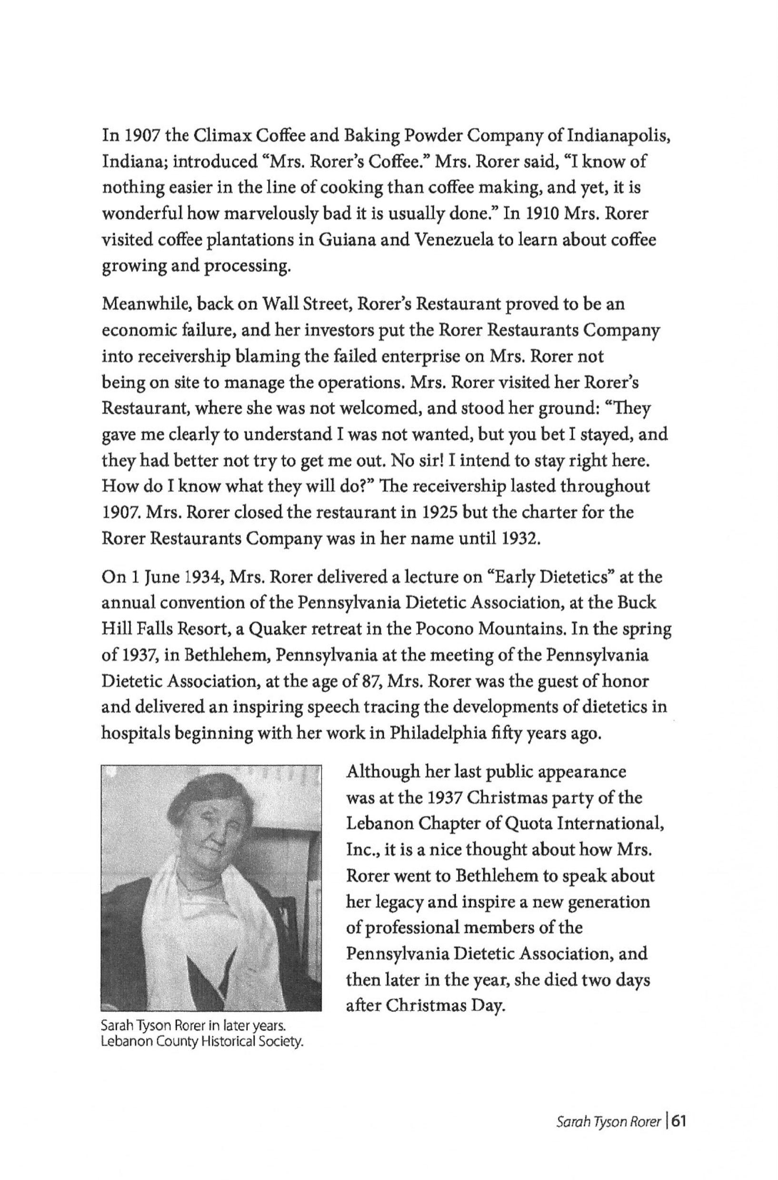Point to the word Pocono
441,629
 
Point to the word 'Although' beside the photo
379,772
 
